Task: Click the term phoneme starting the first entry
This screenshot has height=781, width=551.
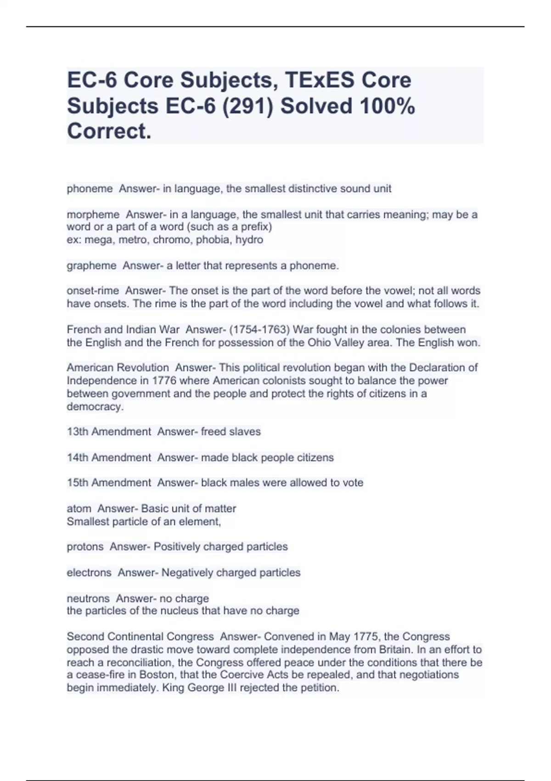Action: pyautogui.click(x=90, y=189)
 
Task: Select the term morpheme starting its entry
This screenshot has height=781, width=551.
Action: pyautogui.click(x=93, y=215)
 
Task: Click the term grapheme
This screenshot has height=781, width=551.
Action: pyautogui.click(x=92, y=266)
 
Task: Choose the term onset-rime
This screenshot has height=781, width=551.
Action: pyautogui.click(x=93, y=291)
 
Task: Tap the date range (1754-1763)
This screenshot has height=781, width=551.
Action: pyautogui.click(x=259, y=330)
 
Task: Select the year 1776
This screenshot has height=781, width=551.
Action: pyautogui.click(x=164, y=381)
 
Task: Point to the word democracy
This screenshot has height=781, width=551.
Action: pyautogui.click(x=95, y=407)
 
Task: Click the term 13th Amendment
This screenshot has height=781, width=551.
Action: pyautogui.click(x=109, y=432)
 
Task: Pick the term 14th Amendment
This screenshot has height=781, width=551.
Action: pyautogui.click(x=109, y=458)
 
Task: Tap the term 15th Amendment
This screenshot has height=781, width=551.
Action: pyautogui.click(x=109, y=483)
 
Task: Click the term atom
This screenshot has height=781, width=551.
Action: pyautogui.click(x=79, y=509)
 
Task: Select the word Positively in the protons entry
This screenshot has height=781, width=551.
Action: pyautogui.click(x=176, y=547)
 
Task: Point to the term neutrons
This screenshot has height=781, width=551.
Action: pyautogui.click(x=88, y=599)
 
